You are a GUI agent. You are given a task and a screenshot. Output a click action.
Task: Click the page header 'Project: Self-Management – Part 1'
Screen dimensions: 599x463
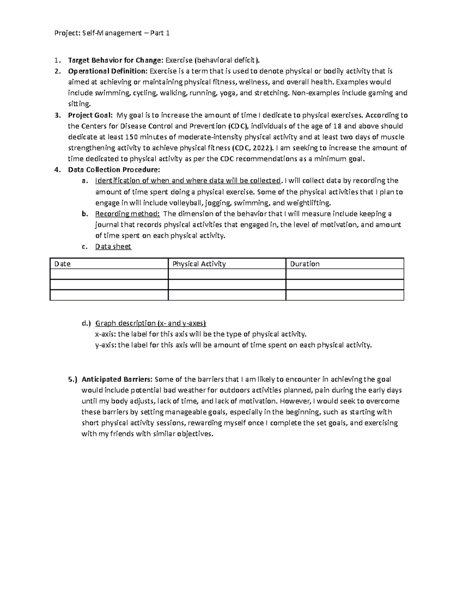coord(112,33)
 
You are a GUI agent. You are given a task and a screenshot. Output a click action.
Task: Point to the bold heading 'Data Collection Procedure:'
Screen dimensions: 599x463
coord(114,170)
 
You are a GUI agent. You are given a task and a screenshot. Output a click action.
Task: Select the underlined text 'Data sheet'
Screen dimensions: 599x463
coord(113,246)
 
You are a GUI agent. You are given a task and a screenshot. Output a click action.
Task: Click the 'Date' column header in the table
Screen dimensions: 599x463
coord(63,264)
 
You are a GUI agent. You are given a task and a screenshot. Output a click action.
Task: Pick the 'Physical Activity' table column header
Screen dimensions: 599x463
coord(199,264)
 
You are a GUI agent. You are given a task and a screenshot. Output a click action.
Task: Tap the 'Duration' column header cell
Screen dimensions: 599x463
coord(305,264)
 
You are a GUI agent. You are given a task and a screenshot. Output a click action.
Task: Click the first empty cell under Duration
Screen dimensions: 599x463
coord(345,274)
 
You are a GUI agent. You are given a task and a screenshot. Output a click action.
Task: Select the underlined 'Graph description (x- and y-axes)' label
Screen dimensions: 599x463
coord(150,323)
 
